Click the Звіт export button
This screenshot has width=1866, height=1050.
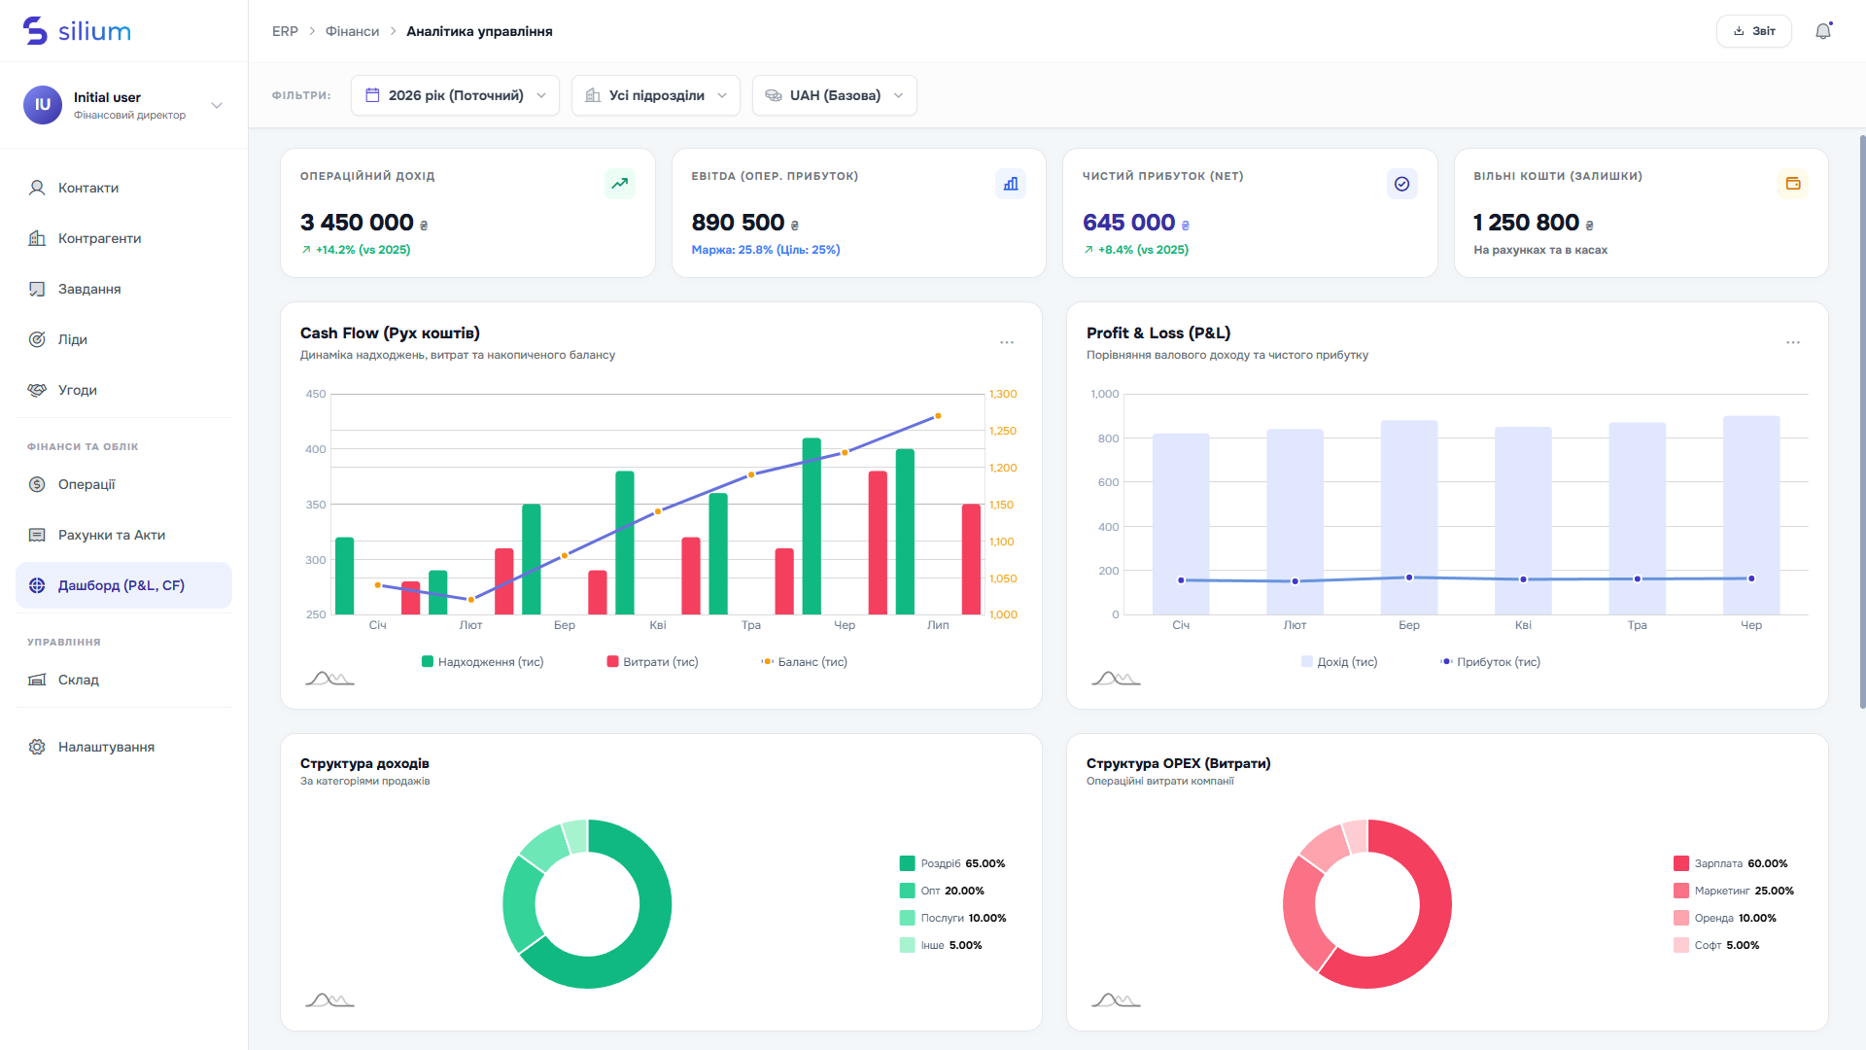pyautogui.click(x=1753, y=31)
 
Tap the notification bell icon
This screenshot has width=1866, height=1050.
pyautogui.click(x=1823, y=31)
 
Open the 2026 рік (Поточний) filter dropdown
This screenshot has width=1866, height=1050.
pyautogui.click(x=455, y=95)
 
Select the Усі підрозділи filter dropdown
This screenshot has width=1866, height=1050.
pyautogui.click(x=656, y=95)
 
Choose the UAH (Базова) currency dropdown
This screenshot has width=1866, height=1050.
pyautogui.click(x=835, y=95)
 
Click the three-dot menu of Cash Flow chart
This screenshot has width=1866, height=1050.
pyautogui.click(x=1007, y=342)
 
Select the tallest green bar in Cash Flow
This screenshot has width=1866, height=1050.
pyautogui.click(x=812, y=526)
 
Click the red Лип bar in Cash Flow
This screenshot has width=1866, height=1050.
pyautogui.click(x=971, y=559)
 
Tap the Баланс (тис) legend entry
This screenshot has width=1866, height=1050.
pyautogui.click(x=804, y=662)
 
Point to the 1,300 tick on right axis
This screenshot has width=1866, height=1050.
pyautogui.click(x=1003, y=394)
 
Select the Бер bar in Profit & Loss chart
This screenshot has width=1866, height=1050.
pyautogui.click(x=1409, y=517)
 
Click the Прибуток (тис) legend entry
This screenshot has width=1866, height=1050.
pyautogui.click(x=1490, y=662)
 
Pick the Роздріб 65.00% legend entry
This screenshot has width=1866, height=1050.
pyautogui.click(x=952, y=863)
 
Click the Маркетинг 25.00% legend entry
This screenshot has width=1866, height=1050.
pyautogui.click(x=1734, y=891)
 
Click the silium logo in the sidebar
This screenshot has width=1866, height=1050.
pyautogui.click(x=77, y=31)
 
